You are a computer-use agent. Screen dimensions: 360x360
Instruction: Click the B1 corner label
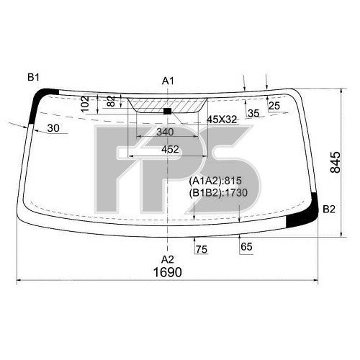click(x=33, y=78)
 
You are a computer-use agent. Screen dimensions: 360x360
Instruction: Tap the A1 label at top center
click(x=168, y=81)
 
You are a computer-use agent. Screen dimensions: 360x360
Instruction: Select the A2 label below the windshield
click(x=168, y=259)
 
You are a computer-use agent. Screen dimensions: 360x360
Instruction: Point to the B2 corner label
click(x=328, y=210)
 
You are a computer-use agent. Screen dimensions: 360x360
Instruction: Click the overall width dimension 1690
click(x=168, y=272)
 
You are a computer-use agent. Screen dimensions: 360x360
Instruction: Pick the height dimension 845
click(x=336, y=162)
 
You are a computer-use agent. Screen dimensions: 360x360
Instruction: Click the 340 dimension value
click(x=165, y=132)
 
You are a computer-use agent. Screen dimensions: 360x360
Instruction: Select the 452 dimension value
click(x=170, y=149)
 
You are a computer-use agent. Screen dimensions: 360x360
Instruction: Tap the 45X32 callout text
click(x=222, y=120)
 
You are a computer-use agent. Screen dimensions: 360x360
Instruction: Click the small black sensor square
click(x=167, y=111)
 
